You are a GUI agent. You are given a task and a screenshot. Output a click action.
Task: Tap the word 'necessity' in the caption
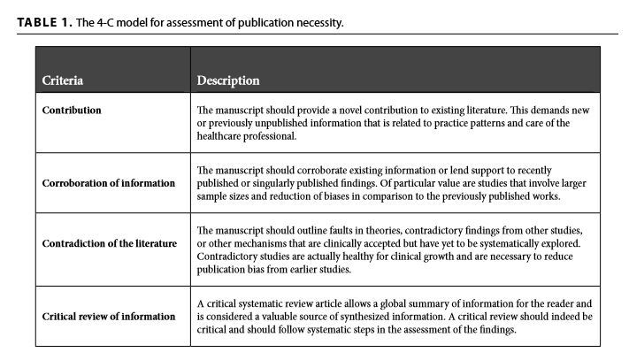coord(318,22)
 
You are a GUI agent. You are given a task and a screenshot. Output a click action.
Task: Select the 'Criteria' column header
coord(63,80)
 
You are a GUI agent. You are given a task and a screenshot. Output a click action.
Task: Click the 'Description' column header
coord(228,80)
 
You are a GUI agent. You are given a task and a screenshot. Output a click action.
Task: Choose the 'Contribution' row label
coord(72,111)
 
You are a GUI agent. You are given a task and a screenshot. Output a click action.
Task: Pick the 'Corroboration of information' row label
coord(109,183)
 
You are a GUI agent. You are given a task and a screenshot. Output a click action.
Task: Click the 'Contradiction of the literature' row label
coord(110,243)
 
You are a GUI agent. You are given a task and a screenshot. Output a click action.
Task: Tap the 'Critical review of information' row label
coord(109,316)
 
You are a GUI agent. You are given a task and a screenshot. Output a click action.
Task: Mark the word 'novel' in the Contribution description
coord(348,111)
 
